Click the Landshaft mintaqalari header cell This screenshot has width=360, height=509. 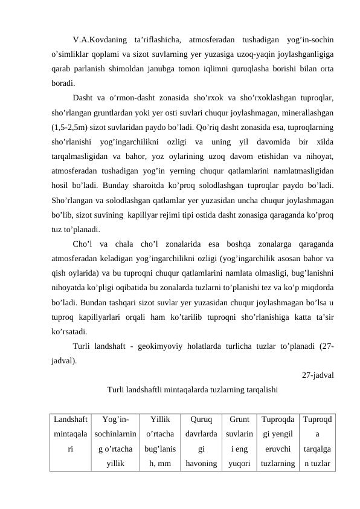[70, 434]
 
